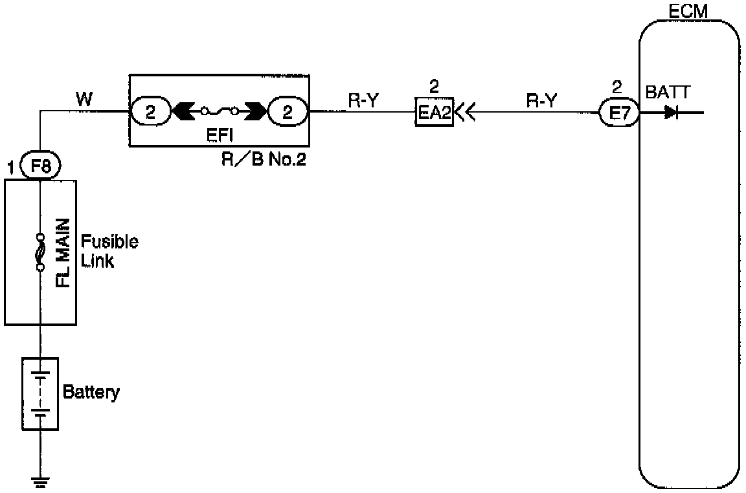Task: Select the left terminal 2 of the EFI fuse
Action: [x=150, y=112]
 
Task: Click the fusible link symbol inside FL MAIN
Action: [x=40, y=252]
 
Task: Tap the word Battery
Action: [x=91, y=392]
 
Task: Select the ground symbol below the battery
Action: [x=40, y=480]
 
